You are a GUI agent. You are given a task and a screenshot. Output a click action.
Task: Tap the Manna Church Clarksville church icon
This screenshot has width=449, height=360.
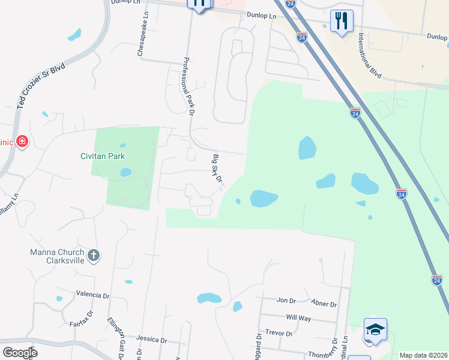tap(93, 256)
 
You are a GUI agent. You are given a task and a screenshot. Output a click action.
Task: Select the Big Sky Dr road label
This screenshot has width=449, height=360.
tap(217, 169)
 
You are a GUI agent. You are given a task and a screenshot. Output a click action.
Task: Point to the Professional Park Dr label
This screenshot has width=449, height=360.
tap(189, 86)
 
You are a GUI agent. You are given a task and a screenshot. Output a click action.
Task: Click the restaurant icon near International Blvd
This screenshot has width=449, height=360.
tap(342, 21)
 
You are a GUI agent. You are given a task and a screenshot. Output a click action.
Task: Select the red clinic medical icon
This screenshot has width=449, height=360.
tap(22, 142)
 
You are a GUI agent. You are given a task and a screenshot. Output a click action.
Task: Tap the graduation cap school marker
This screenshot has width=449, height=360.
tap(375, 329)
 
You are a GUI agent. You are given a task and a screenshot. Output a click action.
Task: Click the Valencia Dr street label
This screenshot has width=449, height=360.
tap(93, 295)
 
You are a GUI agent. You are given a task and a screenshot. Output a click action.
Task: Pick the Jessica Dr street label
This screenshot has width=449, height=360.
tap(151, 340)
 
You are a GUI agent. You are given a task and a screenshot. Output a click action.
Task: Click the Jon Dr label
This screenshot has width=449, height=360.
tap(286, 300)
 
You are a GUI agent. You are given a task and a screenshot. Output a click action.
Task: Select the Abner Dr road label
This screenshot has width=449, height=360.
tap(325, 304)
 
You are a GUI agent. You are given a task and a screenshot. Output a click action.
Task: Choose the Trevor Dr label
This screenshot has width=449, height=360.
tap(279, 333)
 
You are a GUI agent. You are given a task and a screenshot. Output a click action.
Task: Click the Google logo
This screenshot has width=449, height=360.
tap(20, 352)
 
